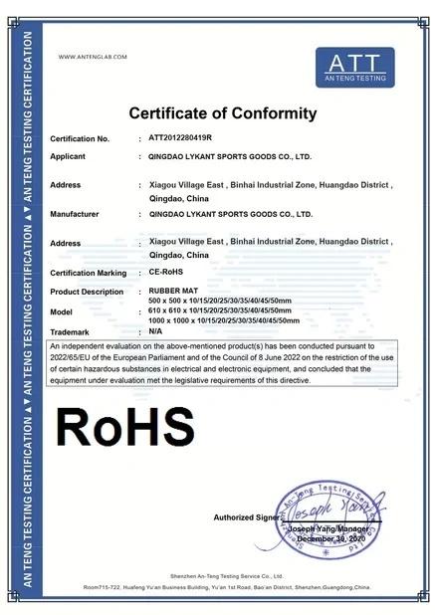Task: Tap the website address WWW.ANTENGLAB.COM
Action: [x=94, y=57]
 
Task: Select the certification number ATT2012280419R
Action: [x=183, y=138]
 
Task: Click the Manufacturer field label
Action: [x=75, y=214]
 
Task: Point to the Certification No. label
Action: [x=80, y=138]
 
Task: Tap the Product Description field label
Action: [x=87, y=292]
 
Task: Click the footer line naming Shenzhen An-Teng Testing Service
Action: [x=217, y=575]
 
